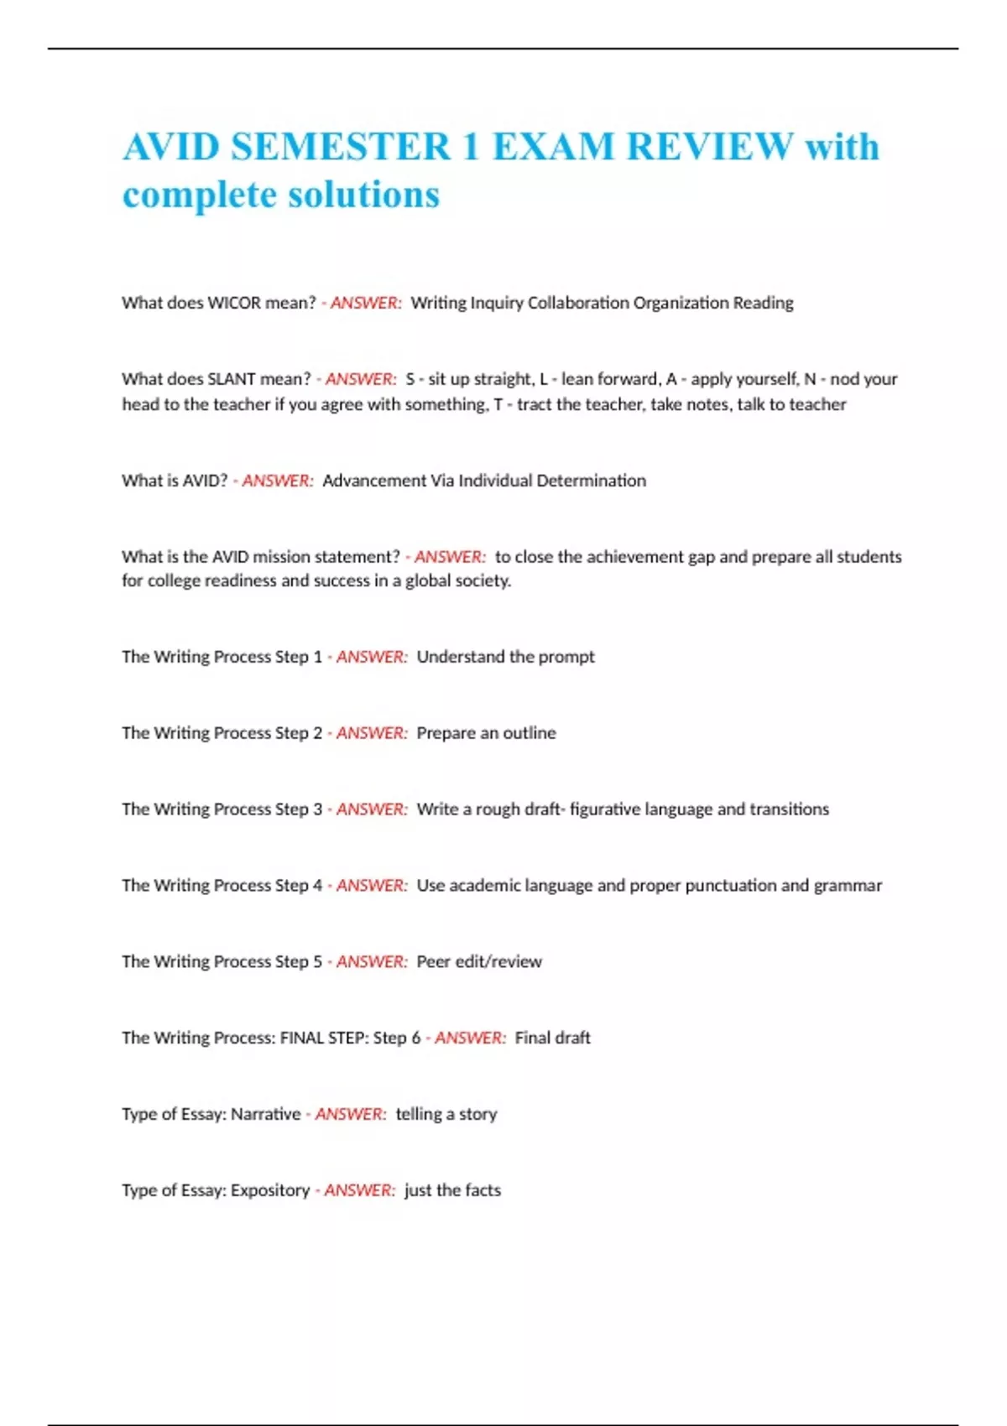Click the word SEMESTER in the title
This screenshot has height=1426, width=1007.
click(341, 147)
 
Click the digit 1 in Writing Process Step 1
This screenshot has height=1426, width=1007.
click(318, 657)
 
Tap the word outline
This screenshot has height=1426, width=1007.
click(529, 733)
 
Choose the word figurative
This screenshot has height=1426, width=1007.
click(598, 809)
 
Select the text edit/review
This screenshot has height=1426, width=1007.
click(498, 962)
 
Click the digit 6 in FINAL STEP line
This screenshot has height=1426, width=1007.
click(415, 1038)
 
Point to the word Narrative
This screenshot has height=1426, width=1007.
click(265, 1115)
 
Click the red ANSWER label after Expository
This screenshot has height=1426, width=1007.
click(359, 1191)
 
